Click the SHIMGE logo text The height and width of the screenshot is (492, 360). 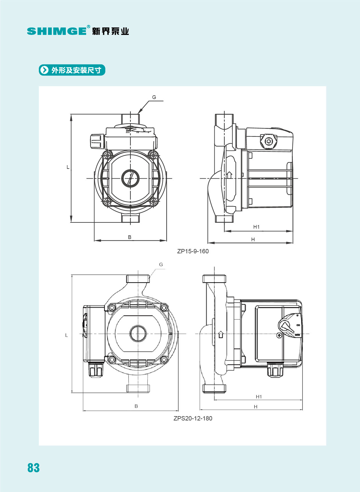pyautogui.click(x=57, y=31)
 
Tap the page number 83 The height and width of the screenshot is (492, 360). pyautogui.click(x=33, y=467)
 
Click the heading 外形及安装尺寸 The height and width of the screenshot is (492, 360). pyautogui.click(x=76, y=70)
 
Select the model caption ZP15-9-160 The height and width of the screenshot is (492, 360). pyautogui.click(x=193, y=251)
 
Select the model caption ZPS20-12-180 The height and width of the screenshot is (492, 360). pyautogui.click(x=193, y=418)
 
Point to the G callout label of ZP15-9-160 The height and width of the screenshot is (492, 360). pyautogui.click(x=154, y=97)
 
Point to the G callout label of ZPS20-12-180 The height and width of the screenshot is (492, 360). pyautogui.click(x=161, y=264)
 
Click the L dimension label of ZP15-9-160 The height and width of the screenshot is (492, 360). pyautogui.click(x=68, y=167)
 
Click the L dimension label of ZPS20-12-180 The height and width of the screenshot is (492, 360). pyautogui.click(x=66, y=335)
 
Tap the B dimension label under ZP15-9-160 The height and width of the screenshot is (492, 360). pyautogui.click(x=130, y=237)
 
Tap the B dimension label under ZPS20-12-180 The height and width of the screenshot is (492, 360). pyautogui.click(x=136, y=406)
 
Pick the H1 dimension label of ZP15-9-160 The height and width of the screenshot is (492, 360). pyautogui.click(x=256, y=227)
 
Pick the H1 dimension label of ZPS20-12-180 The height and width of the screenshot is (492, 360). pyautogui.click(x=259, y=397)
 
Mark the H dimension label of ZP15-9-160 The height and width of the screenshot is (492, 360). pyautogui.click(x=253, y=239)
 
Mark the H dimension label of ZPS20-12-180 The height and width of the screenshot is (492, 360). pyautogui.click(x=256, y=407)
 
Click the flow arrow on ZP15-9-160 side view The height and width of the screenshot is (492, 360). pyautogui.click(x=229, y=175)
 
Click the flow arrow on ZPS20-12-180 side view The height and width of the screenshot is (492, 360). pyautogui.click(x=220, y=334)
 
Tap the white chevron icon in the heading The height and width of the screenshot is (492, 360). pyautogui.click(x=44, y=70)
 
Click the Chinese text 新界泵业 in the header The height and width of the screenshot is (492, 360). pyautogui.click(x=110, y=31)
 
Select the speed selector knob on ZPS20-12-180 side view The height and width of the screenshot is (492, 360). pyautogui.click(x=286, y=326)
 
